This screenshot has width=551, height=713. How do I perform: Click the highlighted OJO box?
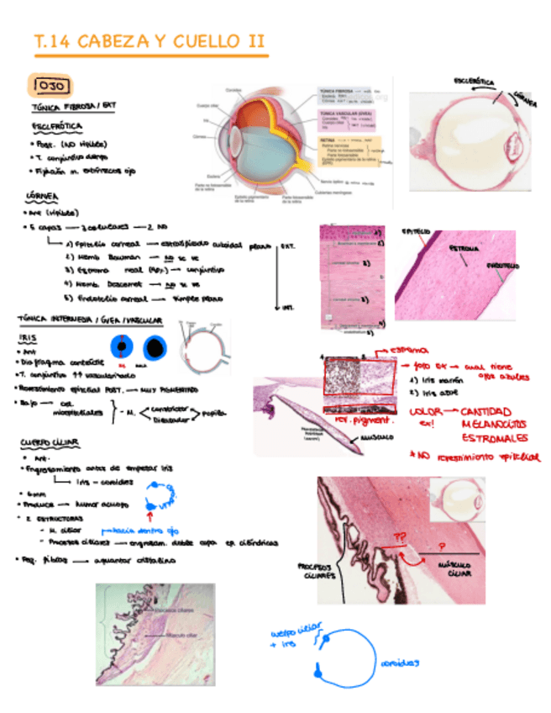[x=51, y=85]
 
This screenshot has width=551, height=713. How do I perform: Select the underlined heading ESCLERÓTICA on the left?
[x=51, y=125]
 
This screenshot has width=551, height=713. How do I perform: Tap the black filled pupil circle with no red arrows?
[x=155, y=346]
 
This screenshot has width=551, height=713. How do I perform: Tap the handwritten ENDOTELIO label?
[x=502, y=266]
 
